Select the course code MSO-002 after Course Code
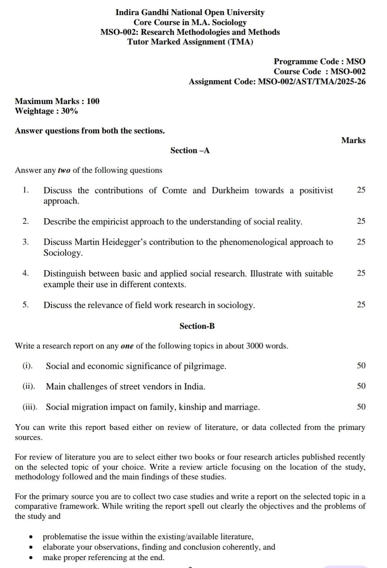click(348, 71)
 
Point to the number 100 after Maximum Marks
click(93, 101)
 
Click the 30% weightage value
click(70, 111)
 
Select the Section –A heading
click(190, 151)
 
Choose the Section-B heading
click(197, 326)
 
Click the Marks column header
click(353, 140)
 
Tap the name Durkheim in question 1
click(230, 190)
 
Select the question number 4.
click(25, 273)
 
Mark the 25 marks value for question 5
click(361, 305)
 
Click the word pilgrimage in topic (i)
click(205, 366)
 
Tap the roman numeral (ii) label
click(29, 386)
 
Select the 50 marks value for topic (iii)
click(361, 407)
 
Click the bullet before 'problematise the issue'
click(32, 537)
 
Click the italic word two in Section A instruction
click(64, 170)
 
